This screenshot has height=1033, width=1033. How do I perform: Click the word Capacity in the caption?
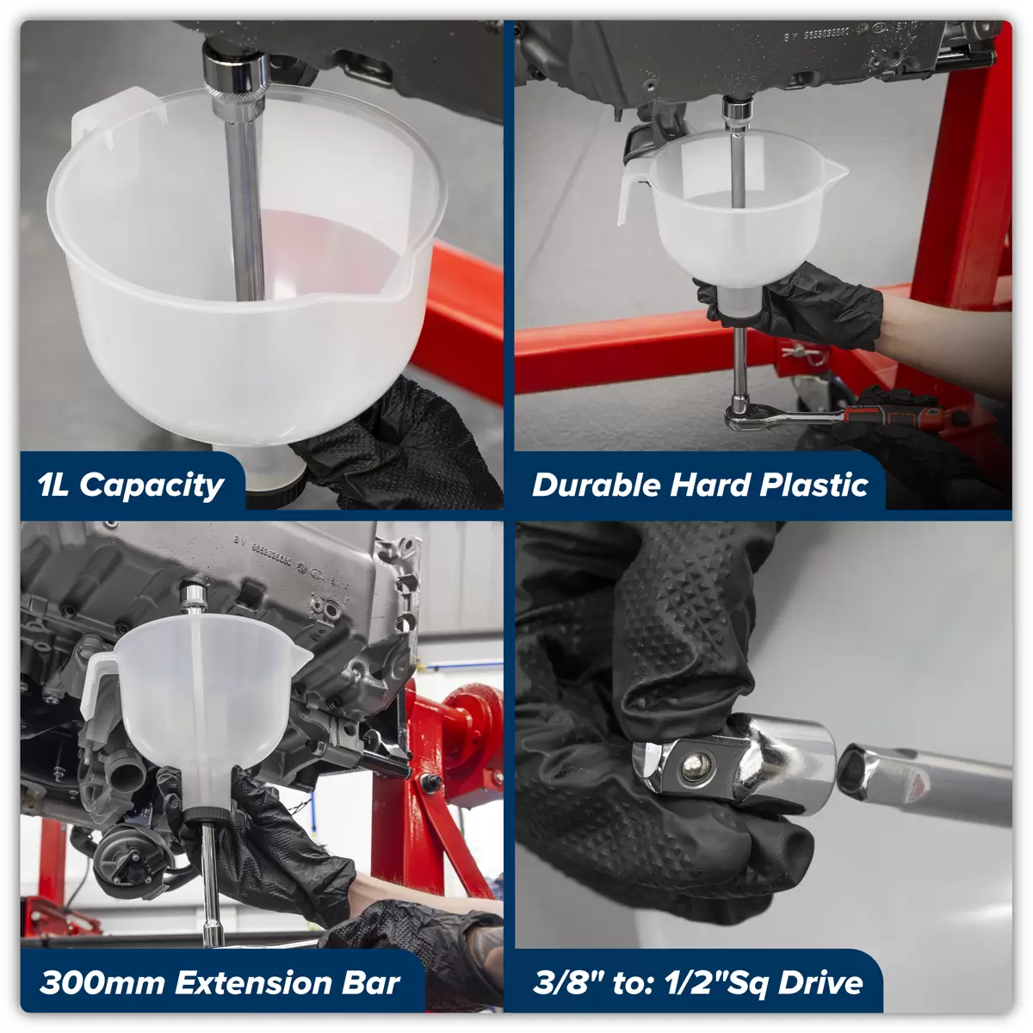pos(152,486)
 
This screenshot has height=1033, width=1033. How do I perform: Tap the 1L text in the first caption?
pos(53,485)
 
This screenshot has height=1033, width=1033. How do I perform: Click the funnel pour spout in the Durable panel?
pos(836,171)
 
